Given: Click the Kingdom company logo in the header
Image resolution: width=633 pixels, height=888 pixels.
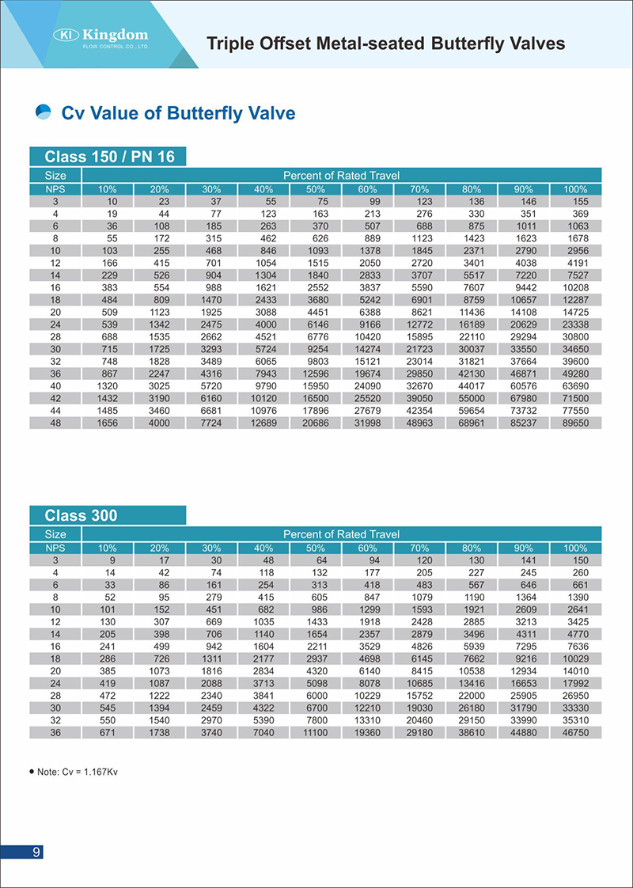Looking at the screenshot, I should coord(100,36).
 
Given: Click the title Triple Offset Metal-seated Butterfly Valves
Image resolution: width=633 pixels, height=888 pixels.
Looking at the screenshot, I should coord(385,43).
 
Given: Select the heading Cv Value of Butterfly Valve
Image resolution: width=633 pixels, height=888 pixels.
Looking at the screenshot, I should coord(178,113).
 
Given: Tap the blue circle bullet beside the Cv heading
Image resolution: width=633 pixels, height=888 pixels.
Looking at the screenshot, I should coord(44,112).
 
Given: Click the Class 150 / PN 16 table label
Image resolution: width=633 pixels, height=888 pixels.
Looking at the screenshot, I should coord(109,157).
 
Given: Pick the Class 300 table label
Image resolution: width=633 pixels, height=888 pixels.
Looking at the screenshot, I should coord(81,516).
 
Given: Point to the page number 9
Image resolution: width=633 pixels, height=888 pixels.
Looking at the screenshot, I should coord(36,852).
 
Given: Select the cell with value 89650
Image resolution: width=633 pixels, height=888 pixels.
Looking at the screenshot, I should coord(574,423).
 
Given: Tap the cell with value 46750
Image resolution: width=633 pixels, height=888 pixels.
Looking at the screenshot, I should coord(574,734).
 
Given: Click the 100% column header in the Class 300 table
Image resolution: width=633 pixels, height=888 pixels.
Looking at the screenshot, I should coord(574,548).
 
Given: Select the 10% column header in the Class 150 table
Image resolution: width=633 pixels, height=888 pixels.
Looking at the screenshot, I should coord(108,189).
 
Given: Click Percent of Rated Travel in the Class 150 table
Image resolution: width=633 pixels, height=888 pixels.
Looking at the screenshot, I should coord(341,175).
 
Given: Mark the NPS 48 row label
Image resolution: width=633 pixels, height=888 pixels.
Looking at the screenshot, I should coord(56,423).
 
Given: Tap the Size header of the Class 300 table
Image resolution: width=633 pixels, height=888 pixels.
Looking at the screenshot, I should coord(56,534).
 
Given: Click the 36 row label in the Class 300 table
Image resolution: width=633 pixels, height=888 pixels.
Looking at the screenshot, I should coord(56,734).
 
